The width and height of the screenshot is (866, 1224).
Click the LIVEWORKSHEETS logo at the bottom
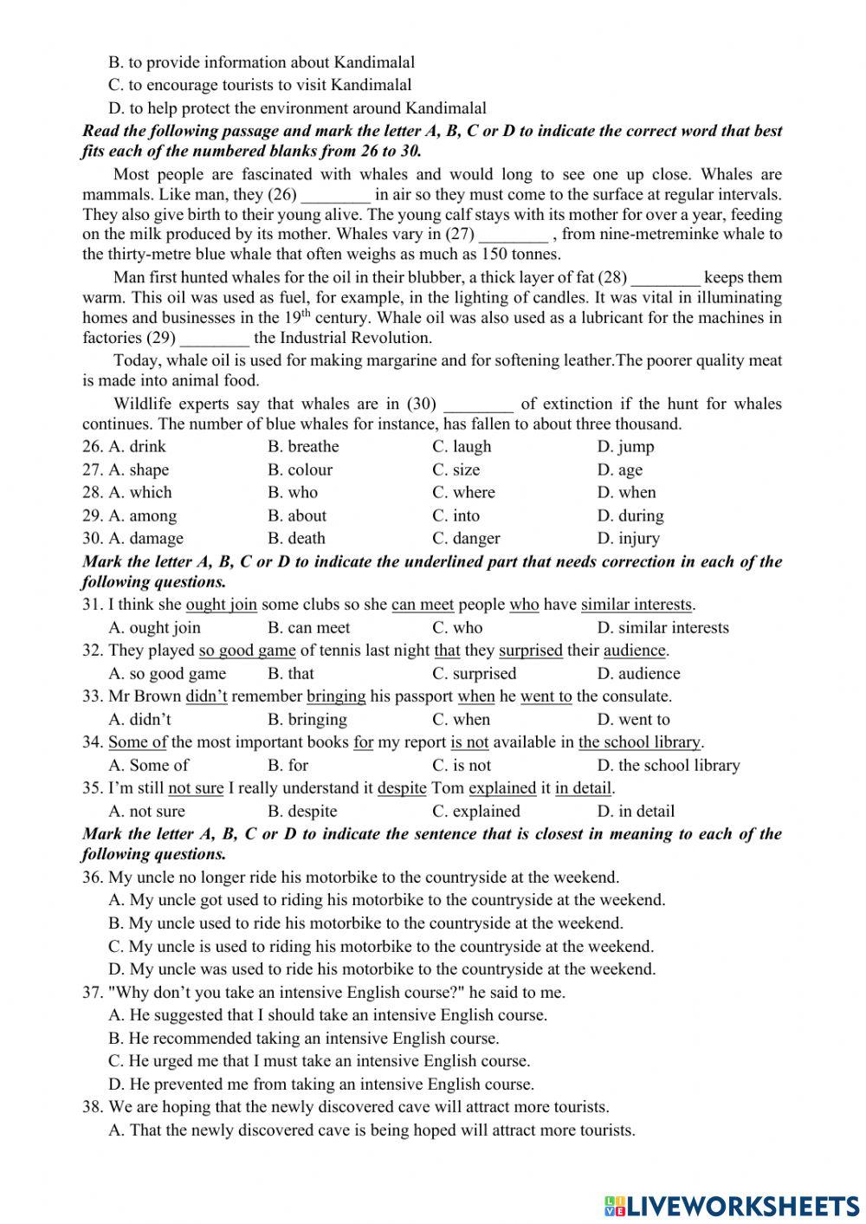click(x=732, y=1205)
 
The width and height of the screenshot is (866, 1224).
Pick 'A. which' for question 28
click(x=139, y=492)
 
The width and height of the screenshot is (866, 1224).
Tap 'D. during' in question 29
click(x=630, y=515)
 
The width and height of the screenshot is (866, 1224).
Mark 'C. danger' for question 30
click(x=466, y=538)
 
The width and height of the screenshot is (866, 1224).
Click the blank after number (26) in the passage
click(x=335, y=197)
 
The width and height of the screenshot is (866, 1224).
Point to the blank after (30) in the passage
click(x=478, y=405)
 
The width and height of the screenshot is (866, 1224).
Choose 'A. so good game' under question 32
click(x=166, y=674)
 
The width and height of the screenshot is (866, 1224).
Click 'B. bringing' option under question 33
click(x=307, y=720)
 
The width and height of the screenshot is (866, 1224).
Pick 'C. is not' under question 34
click(x=462, y=766)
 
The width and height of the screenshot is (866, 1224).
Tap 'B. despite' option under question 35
click(x=302, y=812)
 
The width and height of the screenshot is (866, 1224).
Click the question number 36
click(x=93, y=878)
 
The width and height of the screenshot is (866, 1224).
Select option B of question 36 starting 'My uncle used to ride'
click(x=365, y=923)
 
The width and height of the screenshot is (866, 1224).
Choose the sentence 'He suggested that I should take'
click(x=327, y=1015)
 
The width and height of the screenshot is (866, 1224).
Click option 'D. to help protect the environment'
click(x=297, y=108)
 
